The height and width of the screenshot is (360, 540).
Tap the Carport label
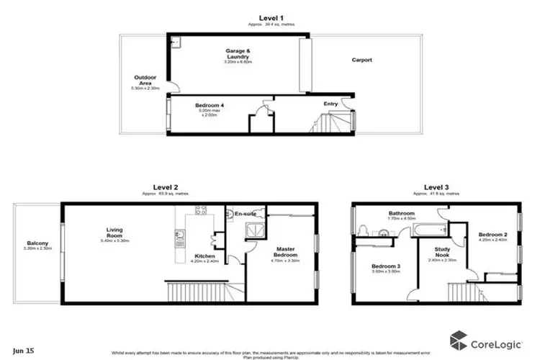pos(361,60)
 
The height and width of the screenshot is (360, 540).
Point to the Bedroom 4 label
pos(210,106)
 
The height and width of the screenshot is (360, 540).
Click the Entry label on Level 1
pos(330,104)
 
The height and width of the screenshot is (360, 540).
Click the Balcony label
pos(37,243)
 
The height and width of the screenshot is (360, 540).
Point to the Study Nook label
pos(441,253)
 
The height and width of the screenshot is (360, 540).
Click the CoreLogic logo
pos(483,338)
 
